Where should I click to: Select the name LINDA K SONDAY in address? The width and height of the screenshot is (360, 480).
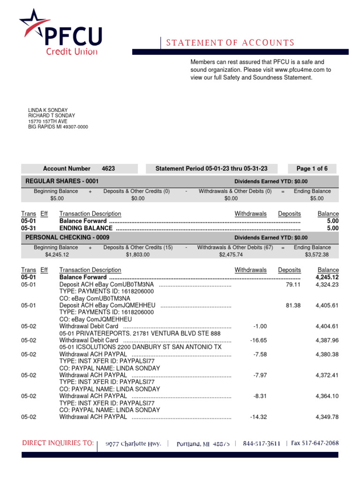coord(48,111)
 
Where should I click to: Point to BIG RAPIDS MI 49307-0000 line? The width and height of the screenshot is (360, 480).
coord(58,127)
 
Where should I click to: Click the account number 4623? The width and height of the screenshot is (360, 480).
coord(108,169)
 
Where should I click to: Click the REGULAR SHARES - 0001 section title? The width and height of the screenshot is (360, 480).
coord(62,181)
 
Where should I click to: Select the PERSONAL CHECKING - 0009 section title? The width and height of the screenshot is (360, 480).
coord(67,238)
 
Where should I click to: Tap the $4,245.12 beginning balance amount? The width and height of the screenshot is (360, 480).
coord(57,255)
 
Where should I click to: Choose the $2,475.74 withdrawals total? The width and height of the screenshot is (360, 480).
coord(231,255)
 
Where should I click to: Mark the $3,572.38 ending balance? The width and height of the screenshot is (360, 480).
coord(317,255)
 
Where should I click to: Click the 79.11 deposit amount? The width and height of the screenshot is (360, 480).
coord(293,285)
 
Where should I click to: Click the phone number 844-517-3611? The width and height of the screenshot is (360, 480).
coord(262,443)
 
